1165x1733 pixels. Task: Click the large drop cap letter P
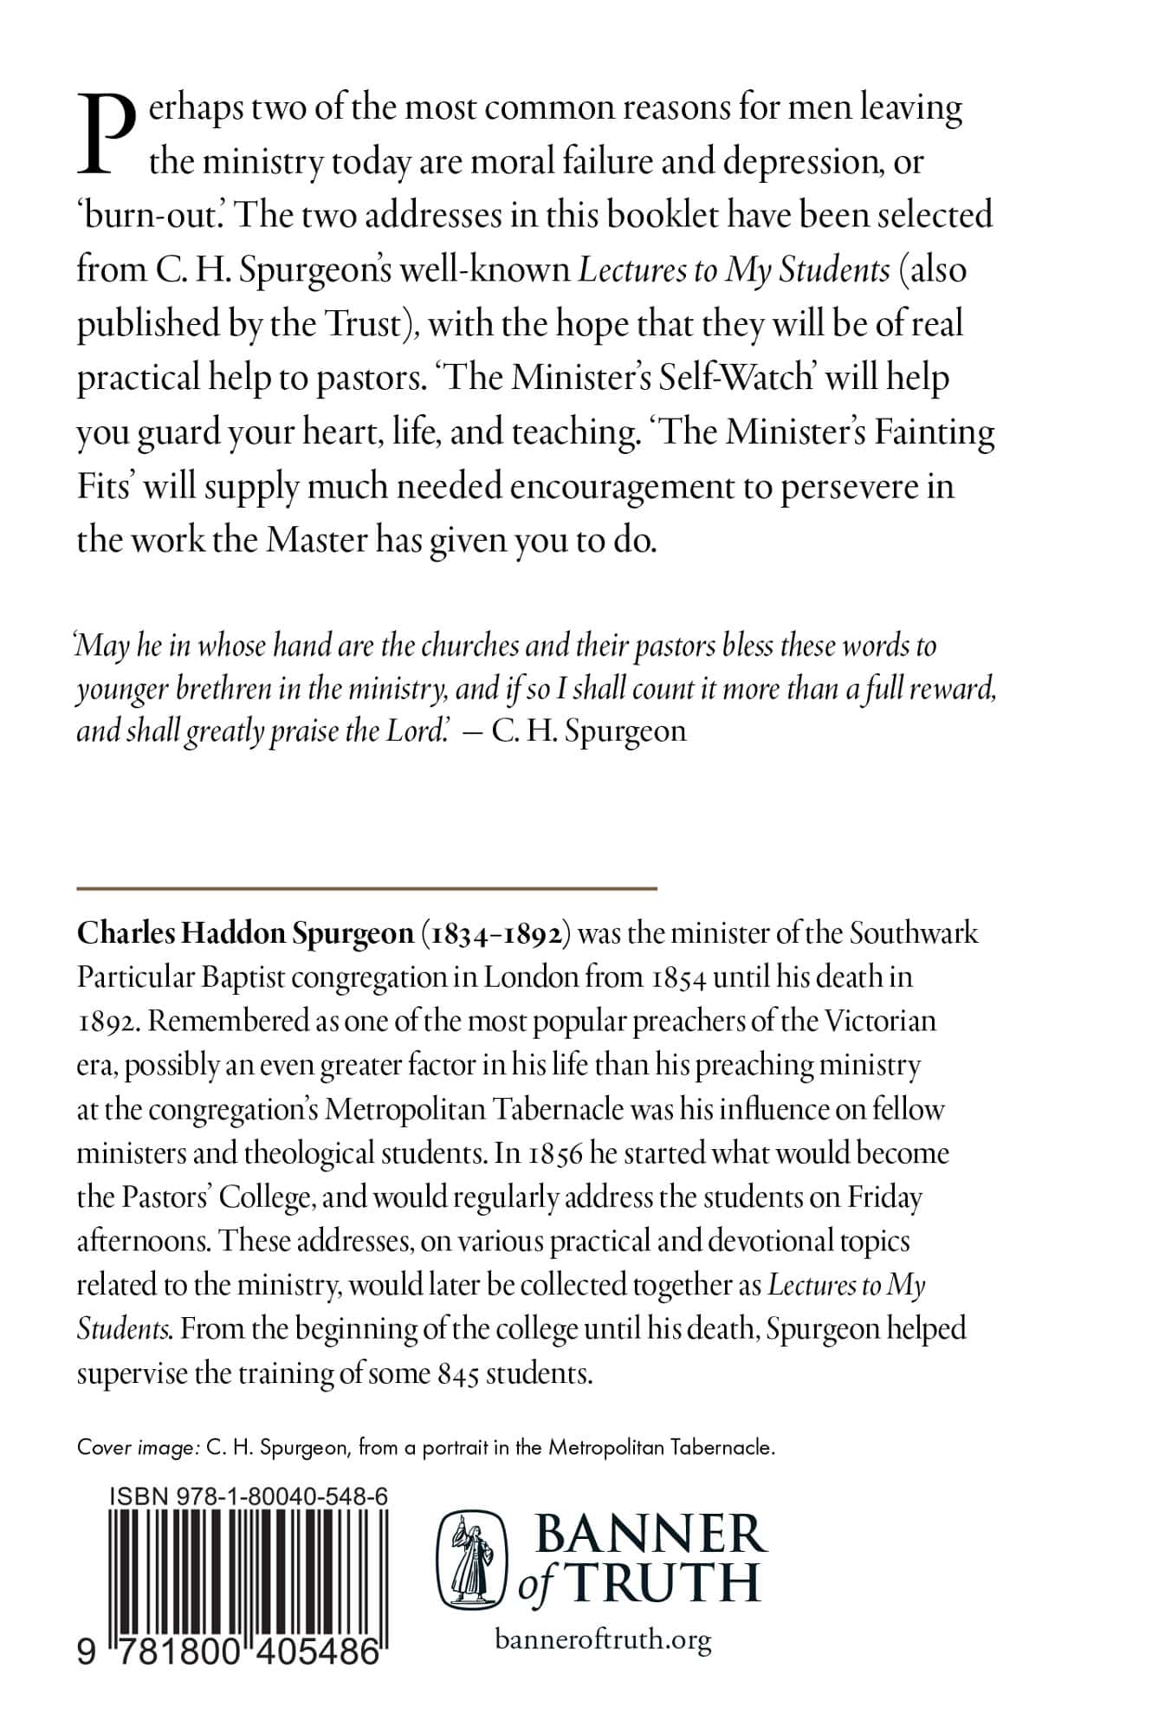point(107,133)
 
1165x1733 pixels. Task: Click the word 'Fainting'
point(933,432)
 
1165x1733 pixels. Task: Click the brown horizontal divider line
point(366,888)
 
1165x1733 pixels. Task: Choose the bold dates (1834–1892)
point(495,933)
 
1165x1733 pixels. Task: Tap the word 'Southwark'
point(913,933)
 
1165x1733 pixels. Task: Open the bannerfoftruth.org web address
point(603,1639)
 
